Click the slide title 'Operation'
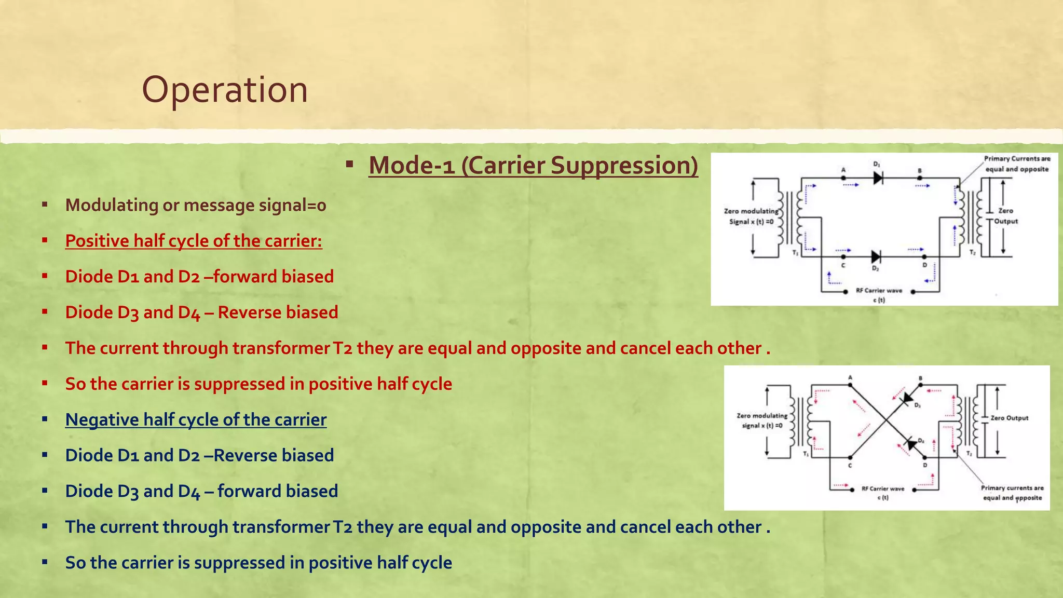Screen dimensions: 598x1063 pos(225,90)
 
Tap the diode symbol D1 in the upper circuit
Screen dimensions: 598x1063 pos(878,178)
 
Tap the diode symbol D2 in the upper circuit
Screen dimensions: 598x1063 pos(876,256)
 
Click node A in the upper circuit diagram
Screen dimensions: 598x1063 pos(843,178)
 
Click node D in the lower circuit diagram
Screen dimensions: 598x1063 pos(925,458)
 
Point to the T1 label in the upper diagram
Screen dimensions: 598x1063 pos(795,252)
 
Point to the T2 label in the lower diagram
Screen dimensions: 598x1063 pos(969,454)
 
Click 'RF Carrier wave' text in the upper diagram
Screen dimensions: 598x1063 pos(879,291)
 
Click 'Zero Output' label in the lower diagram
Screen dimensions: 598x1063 pos(1009,418)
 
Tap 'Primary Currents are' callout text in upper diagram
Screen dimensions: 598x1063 pos(1017,159)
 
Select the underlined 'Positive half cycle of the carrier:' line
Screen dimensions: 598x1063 pos(194,241)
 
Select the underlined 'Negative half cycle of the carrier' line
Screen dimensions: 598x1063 pos(196,419)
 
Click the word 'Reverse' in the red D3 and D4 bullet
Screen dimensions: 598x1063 pos(249,312)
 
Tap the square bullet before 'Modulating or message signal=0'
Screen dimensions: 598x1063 pos(45,205)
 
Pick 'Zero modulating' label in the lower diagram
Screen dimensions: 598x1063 pos(761,416)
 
